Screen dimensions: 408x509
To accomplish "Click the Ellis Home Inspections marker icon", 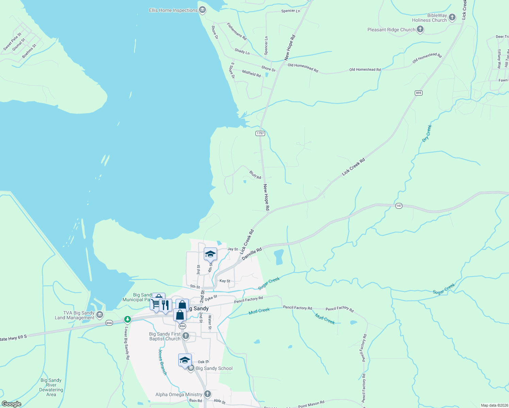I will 202,10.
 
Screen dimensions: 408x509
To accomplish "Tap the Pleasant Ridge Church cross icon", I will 420,30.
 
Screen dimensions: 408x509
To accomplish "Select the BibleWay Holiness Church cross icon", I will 452,17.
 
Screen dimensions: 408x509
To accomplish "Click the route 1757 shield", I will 260,133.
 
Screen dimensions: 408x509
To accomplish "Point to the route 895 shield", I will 418,93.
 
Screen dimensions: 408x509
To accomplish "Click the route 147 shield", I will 399,206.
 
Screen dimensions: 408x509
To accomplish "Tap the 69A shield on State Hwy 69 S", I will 109,323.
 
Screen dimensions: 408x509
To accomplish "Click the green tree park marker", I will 128,319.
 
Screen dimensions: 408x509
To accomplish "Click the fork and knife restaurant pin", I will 165,305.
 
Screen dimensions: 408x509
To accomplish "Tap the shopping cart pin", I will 155,303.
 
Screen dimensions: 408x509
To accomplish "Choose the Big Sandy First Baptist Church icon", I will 185,336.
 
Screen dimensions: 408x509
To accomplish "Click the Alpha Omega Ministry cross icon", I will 207,394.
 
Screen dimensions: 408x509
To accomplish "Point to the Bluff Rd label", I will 255,175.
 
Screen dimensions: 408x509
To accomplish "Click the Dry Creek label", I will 427,133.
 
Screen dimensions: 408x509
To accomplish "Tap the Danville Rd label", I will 252,254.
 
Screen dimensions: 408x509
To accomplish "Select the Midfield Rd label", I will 251,73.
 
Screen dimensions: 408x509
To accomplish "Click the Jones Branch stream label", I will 163,362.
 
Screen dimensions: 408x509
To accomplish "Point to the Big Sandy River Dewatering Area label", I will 51,387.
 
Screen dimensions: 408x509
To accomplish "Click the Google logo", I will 12,404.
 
